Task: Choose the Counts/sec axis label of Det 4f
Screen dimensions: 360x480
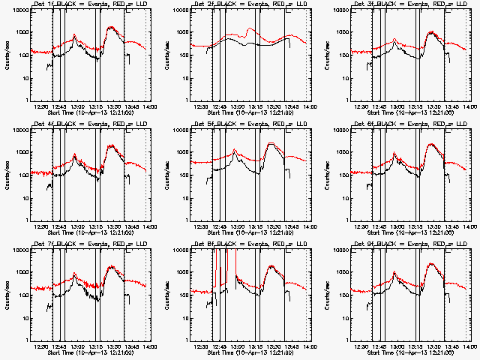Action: coord(7,175)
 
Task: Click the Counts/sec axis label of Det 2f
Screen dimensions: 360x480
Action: coord(166,55)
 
